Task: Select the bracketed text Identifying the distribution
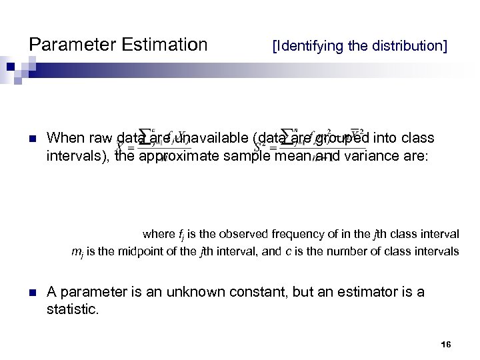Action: pos(359,47)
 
